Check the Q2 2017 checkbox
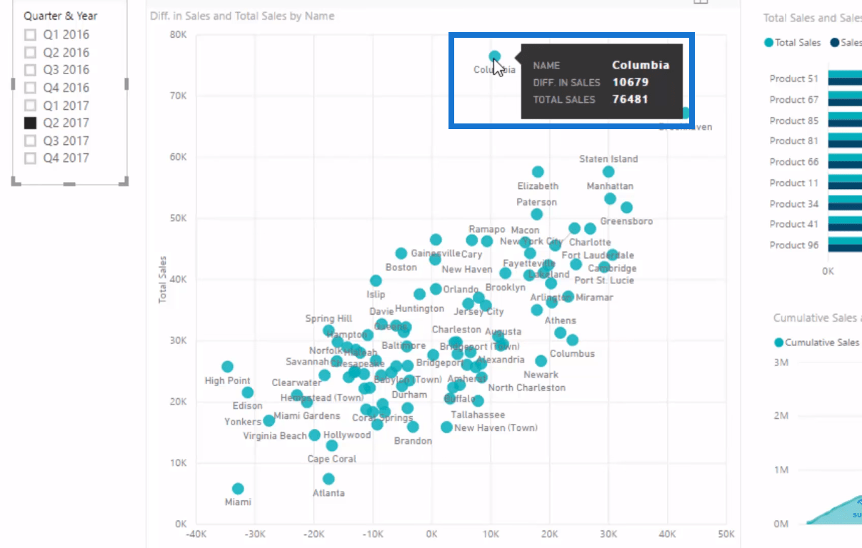(x=30, y=123)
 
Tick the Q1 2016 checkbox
(x=30, y=34)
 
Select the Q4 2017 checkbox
(x=30, y=158)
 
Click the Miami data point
(x=238, y=489)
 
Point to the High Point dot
(x=227, y=367)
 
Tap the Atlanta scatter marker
(x=329, y=479)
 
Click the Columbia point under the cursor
(x=494, y=56)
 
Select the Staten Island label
(x=608, y=159)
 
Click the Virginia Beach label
(x=275, y=436)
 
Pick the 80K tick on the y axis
(x=178, y=34)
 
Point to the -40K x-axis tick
(x=196, y=534)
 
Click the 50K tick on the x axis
(x=726, y=534)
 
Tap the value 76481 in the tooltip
(x=630, y=99)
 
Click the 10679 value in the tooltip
(x=630, y=82)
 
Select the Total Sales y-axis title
(x=163, y=279)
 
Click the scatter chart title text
(x=242, y=16)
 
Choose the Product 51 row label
(x=793, y=78)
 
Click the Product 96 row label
(x=793, y=245)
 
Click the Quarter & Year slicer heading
(x=61, y=16)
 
